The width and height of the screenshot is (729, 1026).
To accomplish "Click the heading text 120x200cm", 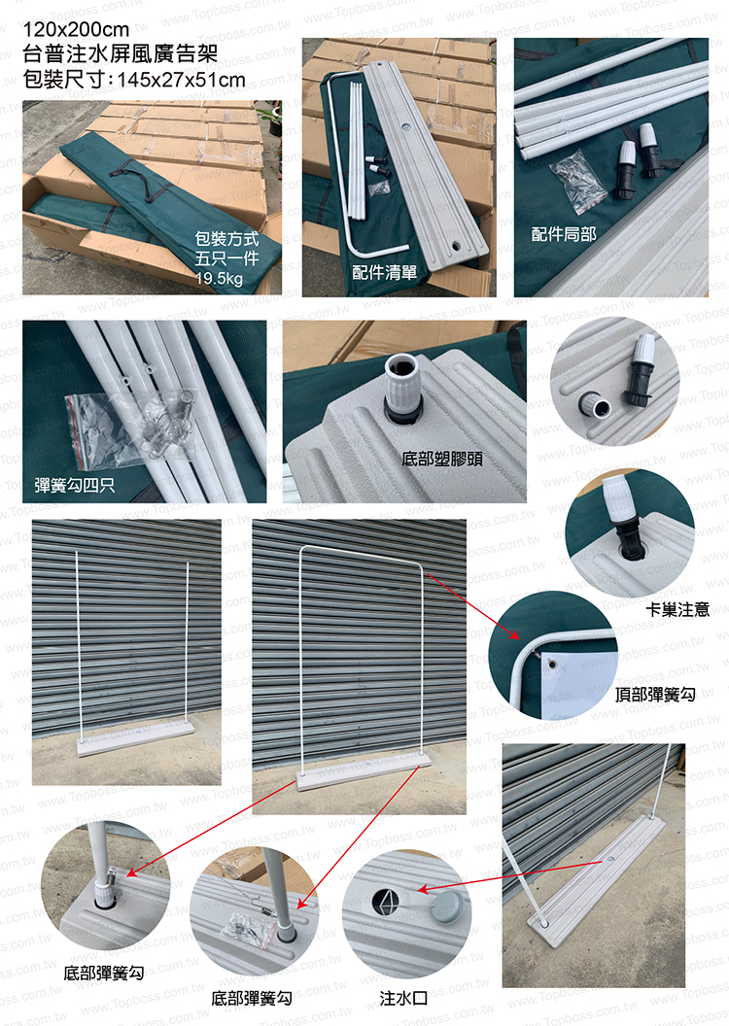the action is click(76, 29).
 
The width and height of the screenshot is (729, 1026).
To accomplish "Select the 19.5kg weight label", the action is click(219, 279).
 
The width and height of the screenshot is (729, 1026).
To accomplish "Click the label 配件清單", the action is click(384, 272).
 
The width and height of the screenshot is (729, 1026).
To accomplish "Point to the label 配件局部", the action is click(564, 233).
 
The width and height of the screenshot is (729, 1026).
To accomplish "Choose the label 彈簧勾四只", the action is click(75, 485).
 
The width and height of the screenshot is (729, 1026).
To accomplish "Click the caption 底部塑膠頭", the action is click(442, 459).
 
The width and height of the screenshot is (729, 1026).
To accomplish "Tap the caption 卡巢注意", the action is click(677, 610).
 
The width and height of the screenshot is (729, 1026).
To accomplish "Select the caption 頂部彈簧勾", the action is click(655, 695).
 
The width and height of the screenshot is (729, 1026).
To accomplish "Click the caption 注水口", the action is click(403, 998).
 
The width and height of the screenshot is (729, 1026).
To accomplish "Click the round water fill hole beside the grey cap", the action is click(387, 903).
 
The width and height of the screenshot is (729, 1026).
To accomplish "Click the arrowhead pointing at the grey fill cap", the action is click(424, 889).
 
